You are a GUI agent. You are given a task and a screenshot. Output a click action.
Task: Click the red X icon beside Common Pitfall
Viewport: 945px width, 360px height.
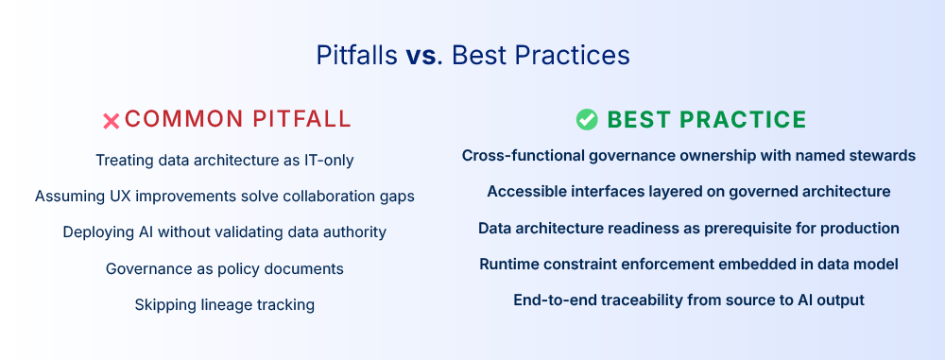[111, 120]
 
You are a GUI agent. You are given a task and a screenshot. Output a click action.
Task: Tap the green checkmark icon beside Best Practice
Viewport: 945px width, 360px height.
[587, 119]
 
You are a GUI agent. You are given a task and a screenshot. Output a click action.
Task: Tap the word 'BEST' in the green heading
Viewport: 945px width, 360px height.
[638, 119]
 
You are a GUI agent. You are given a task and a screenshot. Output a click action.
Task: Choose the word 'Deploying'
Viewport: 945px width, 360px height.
[98, 232]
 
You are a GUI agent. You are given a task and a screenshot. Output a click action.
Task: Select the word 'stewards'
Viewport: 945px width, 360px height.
[883, 156]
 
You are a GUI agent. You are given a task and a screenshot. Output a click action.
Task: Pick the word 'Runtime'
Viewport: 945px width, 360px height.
[510, 265]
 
